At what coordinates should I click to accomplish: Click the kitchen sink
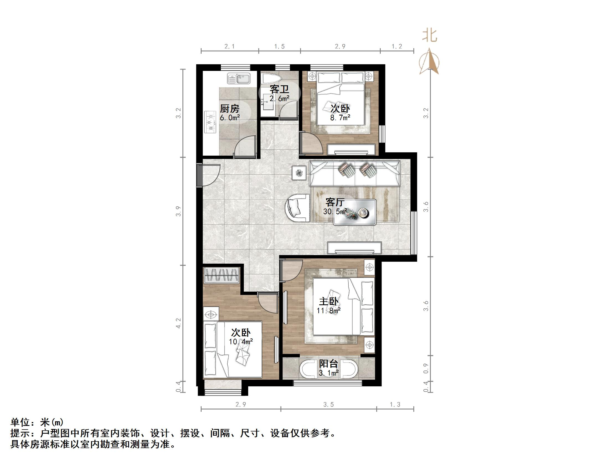click(239, 78)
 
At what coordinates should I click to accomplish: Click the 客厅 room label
click(335, 202)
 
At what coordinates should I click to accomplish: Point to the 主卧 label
click(329, 301)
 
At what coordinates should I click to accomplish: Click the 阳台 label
click(328, 364)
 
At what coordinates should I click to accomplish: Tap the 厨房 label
click(230, 108)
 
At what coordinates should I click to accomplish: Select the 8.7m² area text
click(340, 118)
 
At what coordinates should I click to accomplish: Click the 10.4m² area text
click(241, 341)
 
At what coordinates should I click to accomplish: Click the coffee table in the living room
click(355, 212)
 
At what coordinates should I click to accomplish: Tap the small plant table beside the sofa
click(299, 173)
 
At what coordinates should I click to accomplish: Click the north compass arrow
click(429, 61)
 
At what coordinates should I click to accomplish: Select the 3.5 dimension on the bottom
click(328, 405)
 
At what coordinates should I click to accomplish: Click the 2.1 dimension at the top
click(230, 47)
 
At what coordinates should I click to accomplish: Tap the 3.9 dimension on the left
click(179, 211)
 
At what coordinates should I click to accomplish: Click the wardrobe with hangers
click(221, 275)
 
